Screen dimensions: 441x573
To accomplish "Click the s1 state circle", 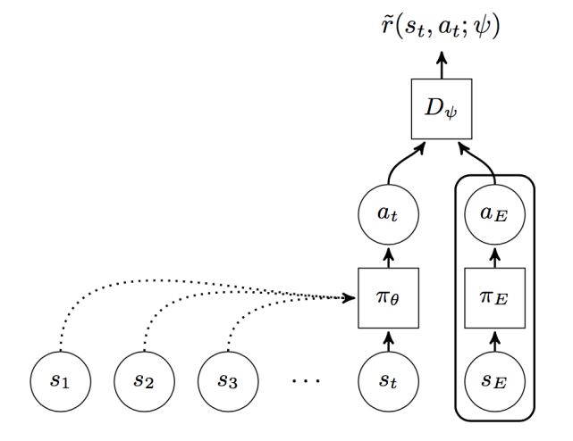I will pos(59,380).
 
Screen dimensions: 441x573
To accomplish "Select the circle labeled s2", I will pos(142,380).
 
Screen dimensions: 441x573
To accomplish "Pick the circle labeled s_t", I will pos(387,380).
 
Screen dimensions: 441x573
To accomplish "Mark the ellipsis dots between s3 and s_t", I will pos(306,381).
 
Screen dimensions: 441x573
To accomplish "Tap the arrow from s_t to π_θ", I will pos(387,339).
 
